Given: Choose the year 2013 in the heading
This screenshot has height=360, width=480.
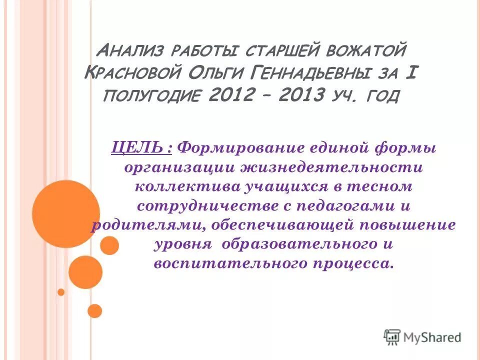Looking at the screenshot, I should coord(300,94).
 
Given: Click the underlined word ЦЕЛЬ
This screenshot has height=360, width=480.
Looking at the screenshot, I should coord(141,148).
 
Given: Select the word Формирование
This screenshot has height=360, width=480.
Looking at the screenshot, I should coord(242,148).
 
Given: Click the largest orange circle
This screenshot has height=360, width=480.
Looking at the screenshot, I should coord(66,214).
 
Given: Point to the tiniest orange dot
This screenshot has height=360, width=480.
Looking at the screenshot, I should coord(61,292).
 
